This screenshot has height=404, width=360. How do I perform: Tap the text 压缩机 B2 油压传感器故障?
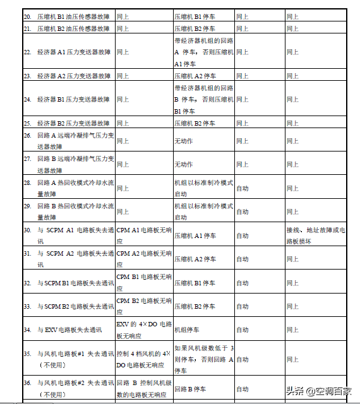[73, 28]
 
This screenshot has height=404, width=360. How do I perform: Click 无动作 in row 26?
[184, 141]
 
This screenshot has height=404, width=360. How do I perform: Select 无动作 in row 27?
[184, 164]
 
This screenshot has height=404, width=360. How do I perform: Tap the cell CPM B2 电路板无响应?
[144, 306]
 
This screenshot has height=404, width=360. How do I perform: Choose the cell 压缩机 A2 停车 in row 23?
[195, 76]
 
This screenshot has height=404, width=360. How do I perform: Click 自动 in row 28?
[243, 188]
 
